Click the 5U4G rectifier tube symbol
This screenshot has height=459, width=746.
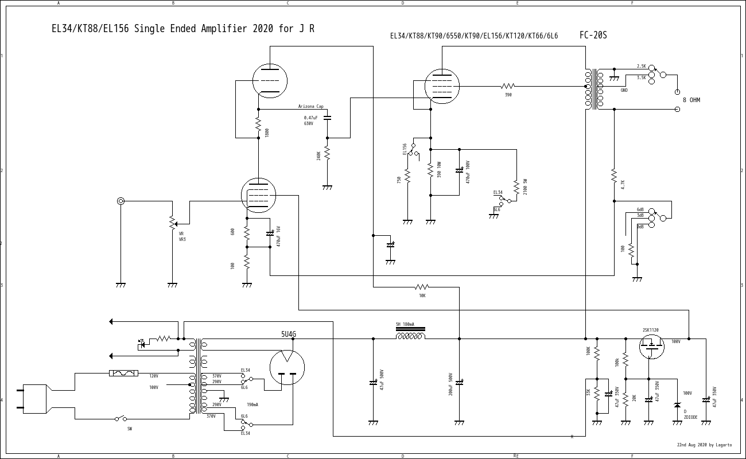click(x=287, y=368)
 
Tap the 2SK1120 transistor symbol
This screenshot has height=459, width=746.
click(x=651, y=347)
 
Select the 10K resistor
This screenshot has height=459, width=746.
click(x=422, y=287)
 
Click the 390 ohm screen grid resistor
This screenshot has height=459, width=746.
click(x=508, y=86)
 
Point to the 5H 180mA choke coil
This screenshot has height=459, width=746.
click(x=410, y=336)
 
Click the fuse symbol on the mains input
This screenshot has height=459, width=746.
click(x=123, y=373)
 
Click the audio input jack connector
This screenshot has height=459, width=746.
click(x=121, y=201)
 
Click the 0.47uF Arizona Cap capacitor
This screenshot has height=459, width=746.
click(x=327, y=118)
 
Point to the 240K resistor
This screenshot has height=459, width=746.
click(x=327, y=153)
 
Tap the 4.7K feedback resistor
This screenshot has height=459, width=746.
click(x=614, y=174)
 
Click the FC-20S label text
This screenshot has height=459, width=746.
click(x=593, y=36)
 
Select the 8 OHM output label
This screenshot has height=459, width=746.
click(x=691, y=100)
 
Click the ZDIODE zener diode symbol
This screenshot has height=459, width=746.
click(x=677, y=405)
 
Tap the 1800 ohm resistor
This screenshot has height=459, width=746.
click(x=258, y=124)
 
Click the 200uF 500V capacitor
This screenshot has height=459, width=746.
click(x=459, y=382)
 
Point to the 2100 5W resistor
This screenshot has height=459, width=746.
click(x=516, y=187)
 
